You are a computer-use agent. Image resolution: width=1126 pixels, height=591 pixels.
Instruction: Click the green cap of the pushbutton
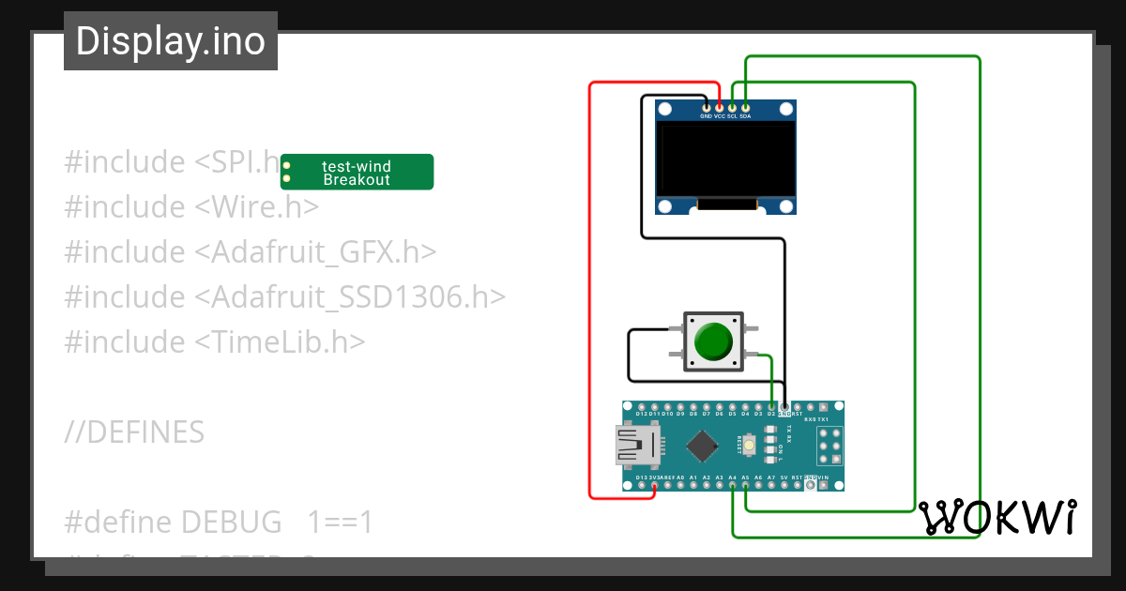tap(714, 341)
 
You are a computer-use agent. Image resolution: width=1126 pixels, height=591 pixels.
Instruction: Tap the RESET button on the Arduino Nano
tap(752, 446)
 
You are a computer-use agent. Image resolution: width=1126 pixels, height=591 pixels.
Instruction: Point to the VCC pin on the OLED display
tap(720, 109)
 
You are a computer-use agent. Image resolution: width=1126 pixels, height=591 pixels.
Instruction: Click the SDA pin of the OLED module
tap(745, 109)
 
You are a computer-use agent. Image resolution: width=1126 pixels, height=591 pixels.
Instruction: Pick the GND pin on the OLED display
tap(707, 109)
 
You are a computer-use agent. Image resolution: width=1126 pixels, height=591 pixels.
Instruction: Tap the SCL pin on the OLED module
tap(733, 109)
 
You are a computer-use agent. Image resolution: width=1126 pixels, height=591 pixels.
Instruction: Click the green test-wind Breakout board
tap(358, 172)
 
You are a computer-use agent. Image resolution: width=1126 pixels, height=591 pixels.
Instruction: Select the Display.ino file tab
tap(171, 41)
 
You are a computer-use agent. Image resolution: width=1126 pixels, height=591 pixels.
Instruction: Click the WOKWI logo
tap(997, 517)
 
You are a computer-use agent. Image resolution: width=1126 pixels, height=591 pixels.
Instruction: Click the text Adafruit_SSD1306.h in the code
tap(349, 297)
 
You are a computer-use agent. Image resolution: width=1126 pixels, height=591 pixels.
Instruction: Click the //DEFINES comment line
tap(134, 432)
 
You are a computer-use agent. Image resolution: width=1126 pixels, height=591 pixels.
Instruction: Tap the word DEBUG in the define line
tap(231, 523)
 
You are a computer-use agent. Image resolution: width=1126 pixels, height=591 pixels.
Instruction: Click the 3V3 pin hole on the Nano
tap(654, 485)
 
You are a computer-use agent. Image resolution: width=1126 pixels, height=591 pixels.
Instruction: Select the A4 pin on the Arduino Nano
tap(732, 485)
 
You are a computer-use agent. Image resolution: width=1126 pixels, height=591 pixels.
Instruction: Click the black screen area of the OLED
tap(725, 159)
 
